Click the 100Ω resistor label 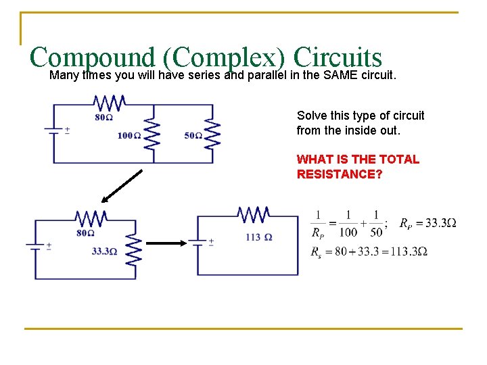pos(129,135)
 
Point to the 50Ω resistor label pos(193,135)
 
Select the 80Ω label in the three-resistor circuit pos(103,117)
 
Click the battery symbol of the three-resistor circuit pos(53,130)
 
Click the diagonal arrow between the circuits pos(122,186)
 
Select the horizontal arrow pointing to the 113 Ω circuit pos(166,243)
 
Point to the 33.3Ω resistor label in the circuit pos(104,251)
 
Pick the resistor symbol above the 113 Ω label pos(254,216)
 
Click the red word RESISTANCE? pos(338,174)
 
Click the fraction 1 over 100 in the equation pos(348,223)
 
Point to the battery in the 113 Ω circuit pos(197,241)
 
